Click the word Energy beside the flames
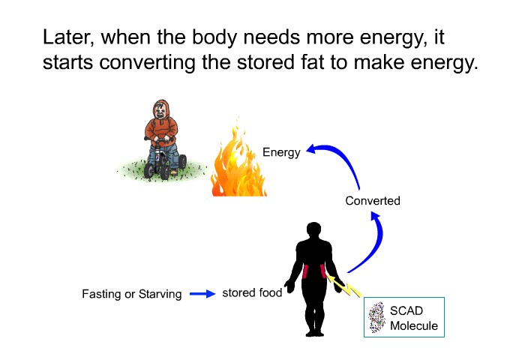281,153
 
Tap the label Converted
373,200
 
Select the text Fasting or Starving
132,294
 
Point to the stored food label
252,292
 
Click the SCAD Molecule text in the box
414,318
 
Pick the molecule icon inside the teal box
376,317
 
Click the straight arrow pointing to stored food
202,294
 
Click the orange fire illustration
238,160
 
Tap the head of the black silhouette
313,230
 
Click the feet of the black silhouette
315,332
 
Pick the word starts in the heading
68,63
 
